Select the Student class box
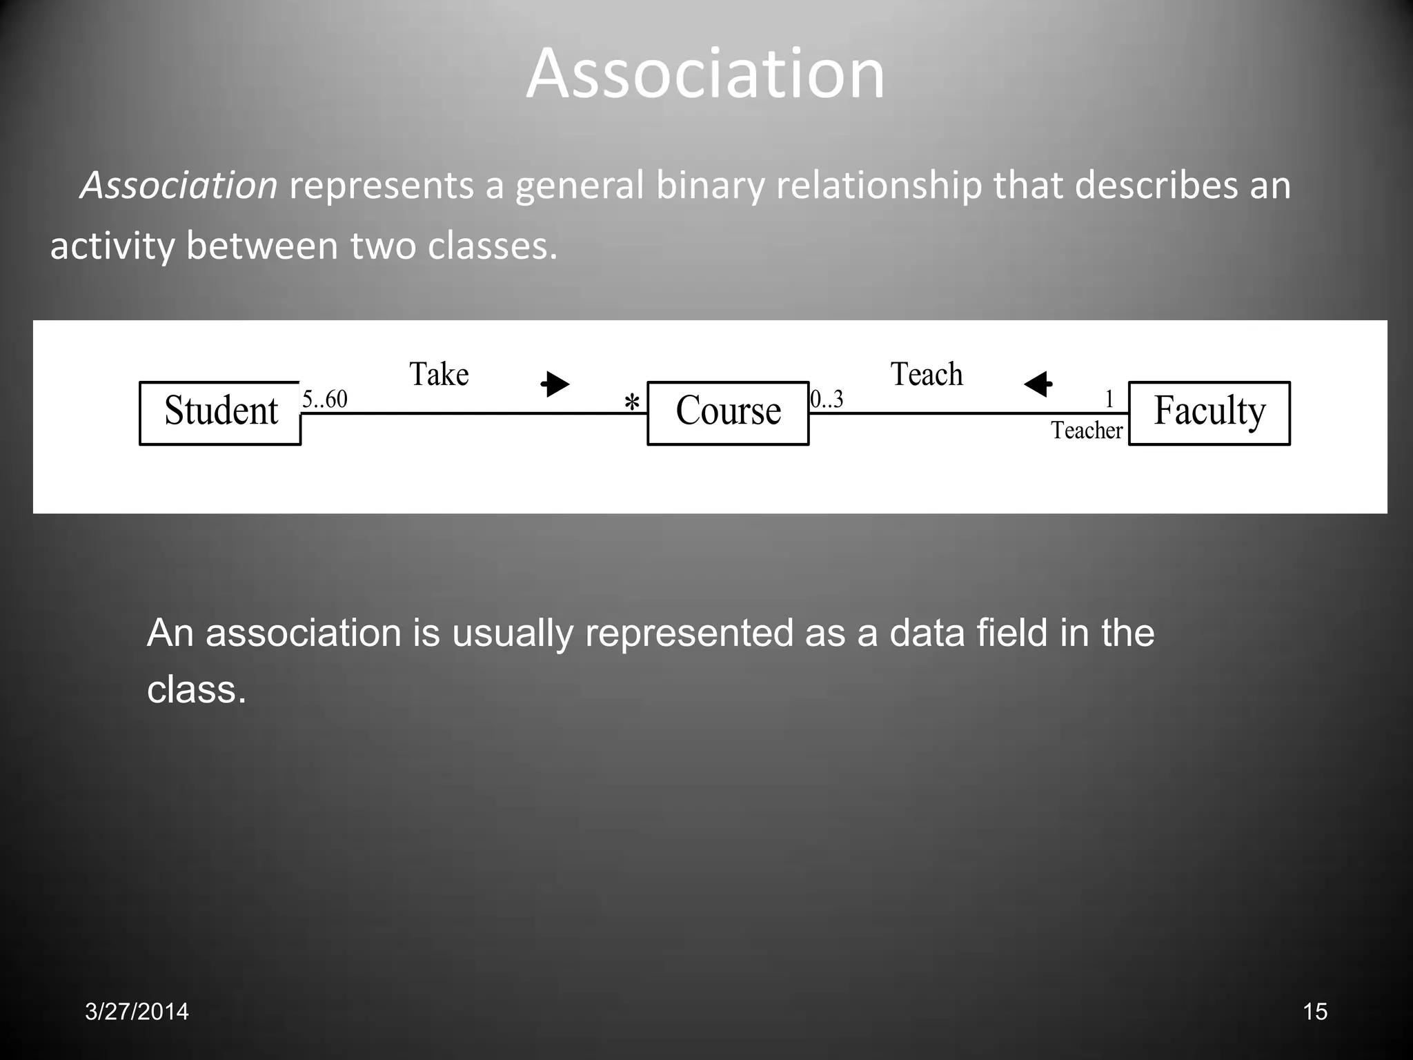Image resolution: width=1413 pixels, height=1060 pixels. pyautogui.click(x=220, y=413)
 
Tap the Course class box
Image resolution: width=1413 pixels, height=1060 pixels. pyautogui.click(x=728, y=413)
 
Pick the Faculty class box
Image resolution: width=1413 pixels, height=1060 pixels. pyautogui.click(x=1209, y=413)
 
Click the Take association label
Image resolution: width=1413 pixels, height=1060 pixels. pyautogui.click(x=439, y=375)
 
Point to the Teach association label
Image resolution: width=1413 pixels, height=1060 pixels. pyautogui.click(x=926, y=375)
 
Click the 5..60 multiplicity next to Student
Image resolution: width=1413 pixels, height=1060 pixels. pyautogui.click(x=325, y=399)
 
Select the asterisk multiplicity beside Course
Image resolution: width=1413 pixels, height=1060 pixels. pyautogui.click(x=631, y=402)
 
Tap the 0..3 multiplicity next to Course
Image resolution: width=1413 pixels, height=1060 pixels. pyautogui.click(x=827, y=399)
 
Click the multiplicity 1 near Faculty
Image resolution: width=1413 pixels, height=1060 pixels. pyautogui.click(x=1109, y=399)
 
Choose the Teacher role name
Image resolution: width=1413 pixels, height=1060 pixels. pyautogui.click(x=1087, y=431)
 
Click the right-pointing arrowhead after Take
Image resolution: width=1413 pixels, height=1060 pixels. pyautogui.click(x=555, y=384)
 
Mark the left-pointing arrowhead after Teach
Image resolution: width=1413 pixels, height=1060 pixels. pyautogui.click(x=1038, y=384)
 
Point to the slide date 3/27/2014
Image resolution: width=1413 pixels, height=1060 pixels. pyautogui.click(x=137, y=1012)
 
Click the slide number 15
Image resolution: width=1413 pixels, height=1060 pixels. pyautogui.click(x=1315, y=1012)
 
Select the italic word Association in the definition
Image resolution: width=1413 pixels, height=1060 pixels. pyautogui.click(x=179, y=186)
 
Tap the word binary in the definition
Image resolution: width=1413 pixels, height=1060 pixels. pyautogui.click(x=710, y=186)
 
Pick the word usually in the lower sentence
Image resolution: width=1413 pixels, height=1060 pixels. pyautogui.click(x=512, y=633)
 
